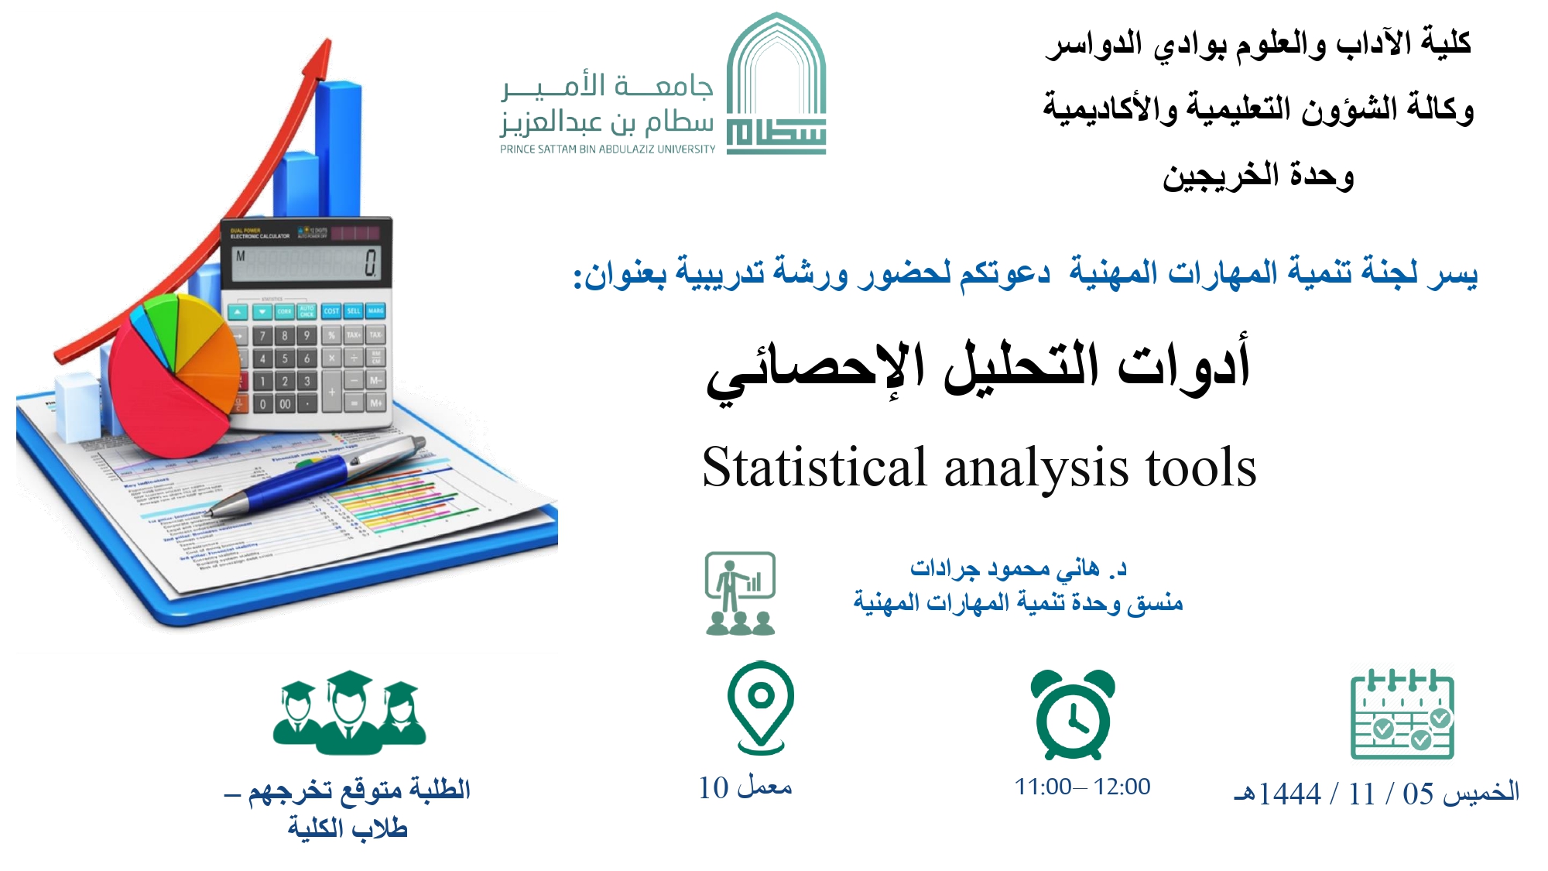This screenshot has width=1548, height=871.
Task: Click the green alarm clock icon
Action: coord(1074,714)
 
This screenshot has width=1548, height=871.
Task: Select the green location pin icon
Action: coord(761,707)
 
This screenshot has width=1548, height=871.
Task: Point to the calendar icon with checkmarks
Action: coord(1402,714)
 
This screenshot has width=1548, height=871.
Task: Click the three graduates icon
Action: coord(349,712)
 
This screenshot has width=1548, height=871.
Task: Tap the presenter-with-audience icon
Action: coord(740,594)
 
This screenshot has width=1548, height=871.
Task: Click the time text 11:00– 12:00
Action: coord(1083,787)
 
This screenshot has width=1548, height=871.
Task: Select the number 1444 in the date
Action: coord(1289,794)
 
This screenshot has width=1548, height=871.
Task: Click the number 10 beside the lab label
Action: coord(714,788)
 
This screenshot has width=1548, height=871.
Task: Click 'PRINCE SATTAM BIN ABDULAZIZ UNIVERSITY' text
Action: coord(608,149)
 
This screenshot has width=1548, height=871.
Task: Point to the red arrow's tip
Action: coord(329,39)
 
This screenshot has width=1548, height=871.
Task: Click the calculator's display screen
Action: coord(307,263)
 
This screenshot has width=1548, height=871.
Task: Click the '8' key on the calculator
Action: coord(285,335)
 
